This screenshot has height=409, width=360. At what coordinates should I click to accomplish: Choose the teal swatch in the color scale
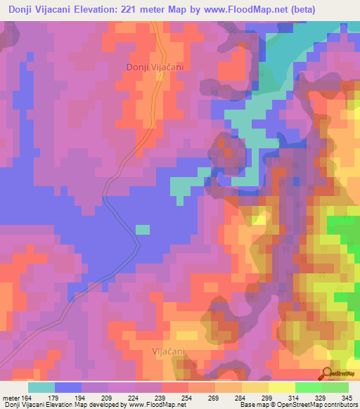(x=41, y=387)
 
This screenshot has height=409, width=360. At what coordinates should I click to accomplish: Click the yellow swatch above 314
(x=282, y=387)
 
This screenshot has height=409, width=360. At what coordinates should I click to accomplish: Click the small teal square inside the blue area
(x=143, y=229)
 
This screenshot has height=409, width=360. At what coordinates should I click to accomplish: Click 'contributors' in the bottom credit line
(x=337, y=405)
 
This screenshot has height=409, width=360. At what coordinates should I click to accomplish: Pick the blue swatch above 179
(x=68, y=387)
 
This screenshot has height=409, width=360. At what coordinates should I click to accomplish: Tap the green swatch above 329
(x=309, y=387)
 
